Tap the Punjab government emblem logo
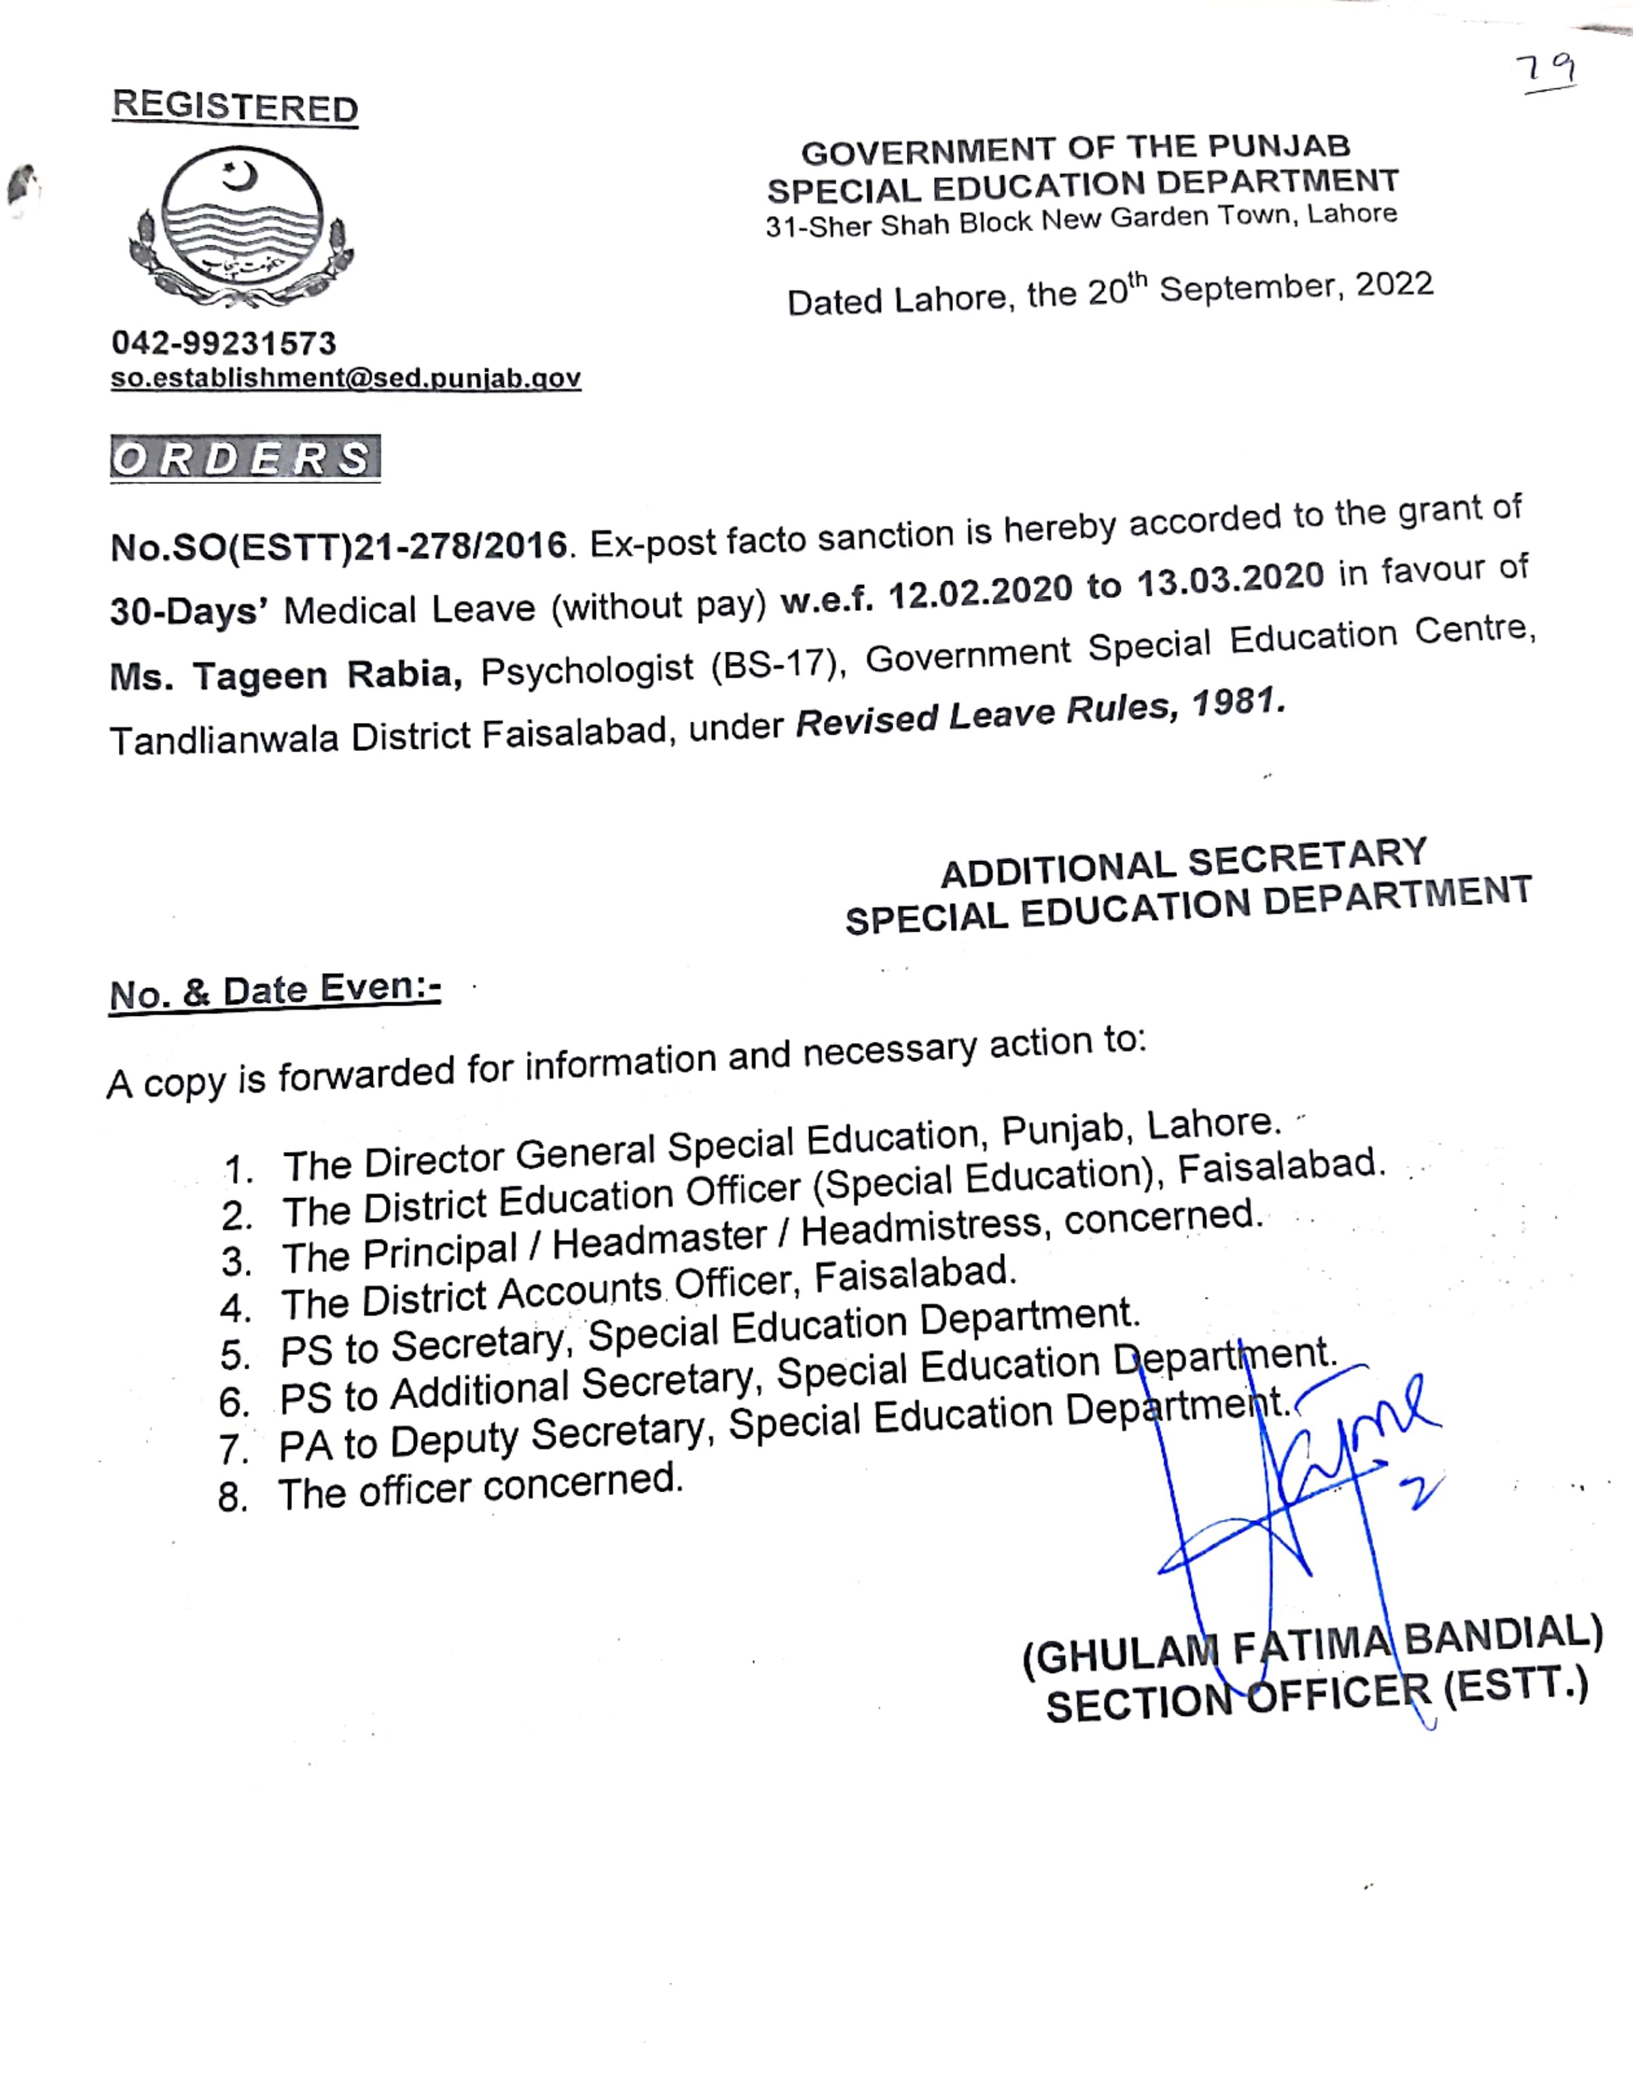pyautogui.click(x=241, y=226)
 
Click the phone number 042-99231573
pyautogui.click(x=223, y=343)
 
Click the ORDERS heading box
pyautogui.click(x=245, y=458)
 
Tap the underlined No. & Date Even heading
pyautogui.click(x=274, y=991)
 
